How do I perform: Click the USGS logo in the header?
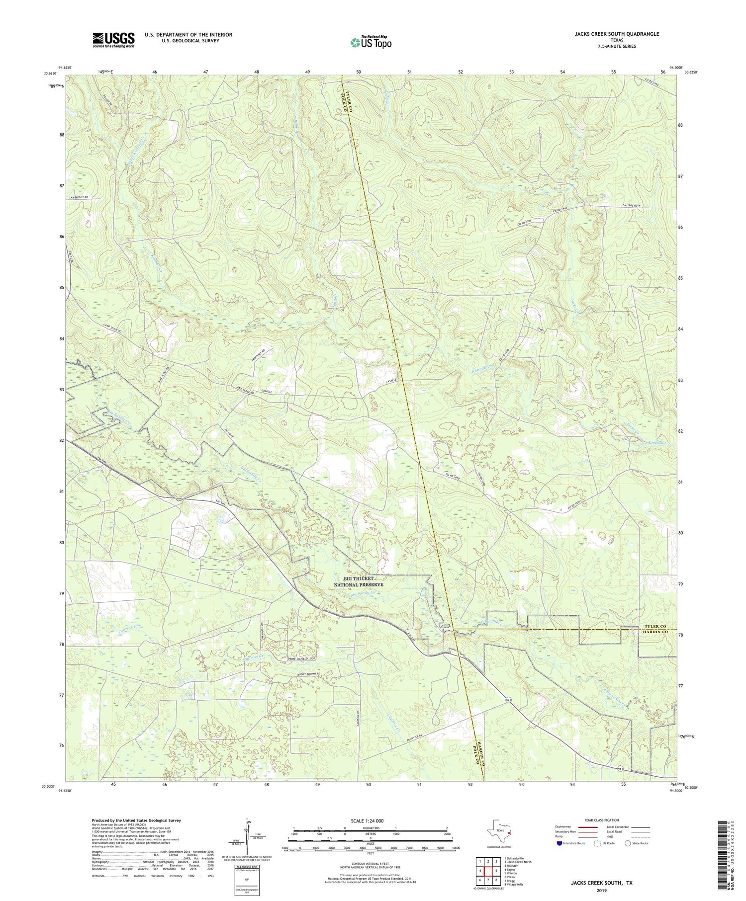(113, 40)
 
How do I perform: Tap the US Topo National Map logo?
(370, 42)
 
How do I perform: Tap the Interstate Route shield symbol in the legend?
(559, 843)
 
